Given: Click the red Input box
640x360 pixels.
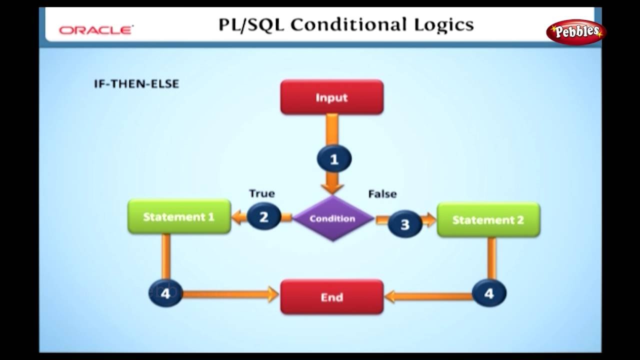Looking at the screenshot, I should click(x=331, y=97).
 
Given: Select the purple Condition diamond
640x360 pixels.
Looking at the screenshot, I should click(x=332, y=218).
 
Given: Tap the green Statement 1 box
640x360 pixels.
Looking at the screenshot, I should click(x=179, y=216).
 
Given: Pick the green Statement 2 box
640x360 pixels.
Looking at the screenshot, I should click(x=488, y=219).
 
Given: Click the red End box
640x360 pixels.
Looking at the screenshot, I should click(x=331, y=297).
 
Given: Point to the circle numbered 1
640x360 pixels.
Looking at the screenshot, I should click(x=334, y=159).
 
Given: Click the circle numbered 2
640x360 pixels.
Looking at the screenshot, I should click(x=263, y=217).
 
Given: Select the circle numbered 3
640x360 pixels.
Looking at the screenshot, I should click(x=404, y=224).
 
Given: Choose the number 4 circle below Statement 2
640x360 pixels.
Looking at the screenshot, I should click(x=488, y=293).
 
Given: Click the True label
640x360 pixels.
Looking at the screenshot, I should click(x=261, y=193).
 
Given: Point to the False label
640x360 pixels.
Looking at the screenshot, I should click(x=382, y=193).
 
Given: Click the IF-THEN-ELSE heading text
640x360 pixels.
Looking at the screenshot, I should click(x=136, y=84).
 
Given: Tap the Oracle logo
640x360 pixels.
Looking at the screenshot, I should click(x=95, y=30).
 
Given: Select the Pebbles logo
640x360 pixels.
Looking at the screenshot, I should click(x=575, y=31).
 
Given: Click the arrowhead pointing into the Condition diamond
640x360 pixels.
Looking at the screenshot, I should click(x=332, y=188).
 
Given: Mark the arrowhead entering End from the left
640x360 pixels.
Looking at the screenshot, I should click(x=273, y=294).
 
